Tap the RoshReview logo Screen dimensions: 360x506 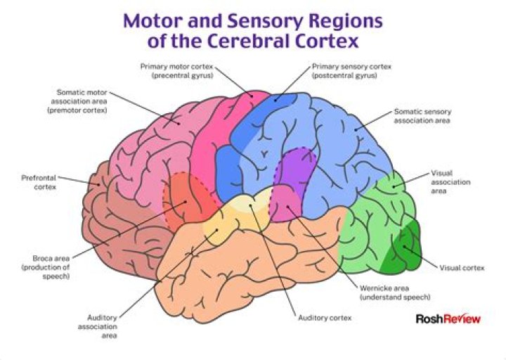448,319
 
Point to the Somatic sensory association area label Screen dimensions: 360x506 422,115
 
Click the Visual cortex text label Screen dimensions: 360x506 462,268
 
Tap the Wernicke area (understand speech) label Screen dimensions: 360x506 394,292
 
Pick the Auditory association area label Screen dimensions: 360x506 102,326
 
